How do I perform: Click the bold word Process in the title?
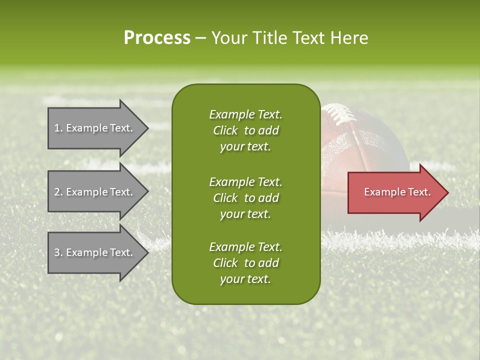[157, 38]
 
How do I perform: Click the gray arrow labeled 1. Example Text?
[95, 128]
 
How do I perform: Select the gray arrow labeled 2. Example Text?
[95, 192]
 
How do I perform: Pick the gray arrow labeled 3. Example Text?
[95, 252]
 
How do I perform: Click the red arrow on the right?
[395, 192]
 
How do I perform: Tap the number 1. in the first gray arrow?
[58, 128]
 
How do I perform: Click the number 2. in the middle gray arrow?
[58, 192]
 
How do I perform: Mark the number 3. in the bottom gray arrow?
[58, 252]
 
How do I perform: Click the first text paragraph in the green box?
[245, 130]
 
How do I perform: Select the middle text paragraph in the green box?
[245, 197]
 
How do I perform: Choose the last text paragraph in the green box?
[245, 263]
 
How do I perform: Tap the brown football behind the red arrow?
[370, 145]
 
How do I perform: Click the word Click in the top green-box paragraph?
[225, 130]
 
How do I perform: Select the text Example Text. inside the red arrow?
[397, 192]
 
